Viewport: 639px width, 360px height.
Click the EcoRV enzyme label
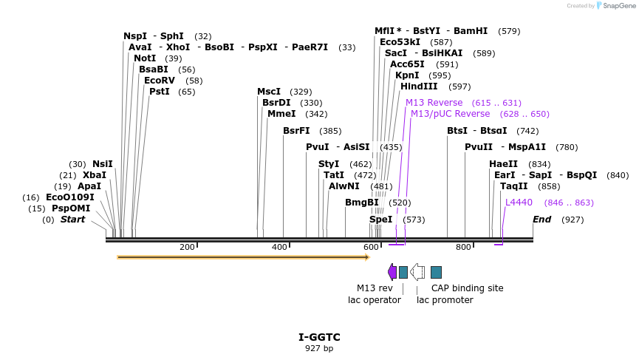(160, 81)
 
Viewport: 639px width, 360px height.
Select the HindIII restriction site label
(419, 86)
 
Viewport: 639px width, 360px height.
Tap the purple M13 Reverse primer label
(434, 103)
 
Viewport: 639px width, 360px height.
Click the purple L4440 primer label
(519, 203)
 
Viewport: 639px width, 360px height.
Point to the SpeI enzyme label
(381, 220)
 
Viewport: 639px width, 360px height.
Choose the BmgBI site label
(362, 203)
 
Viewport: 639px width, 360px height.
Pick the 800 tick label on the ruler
(463, 247)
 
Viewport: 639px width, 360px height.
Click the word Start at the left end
(72, 220)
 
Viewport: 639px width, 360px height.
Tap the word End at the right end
(542, 220)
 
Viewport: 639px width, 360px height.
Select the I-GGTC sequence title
(319, 337)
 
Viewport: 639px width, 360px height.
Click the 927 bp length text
(319, 348)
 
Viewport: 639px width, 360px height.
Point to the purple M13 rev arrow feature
(392, 272)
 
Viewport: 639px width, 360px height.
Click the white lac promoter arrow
(417, 272)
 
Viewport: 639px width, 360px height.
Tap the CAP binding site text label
(468, 288)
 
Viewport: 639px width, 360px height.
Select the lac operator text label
(375, 300)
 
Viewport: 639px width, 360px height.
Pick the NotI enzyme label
(145, 58)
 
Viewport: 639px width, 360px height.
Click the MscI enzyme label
(269, 92)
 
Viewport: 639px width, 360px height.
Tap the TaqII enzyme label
(514, 186)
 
